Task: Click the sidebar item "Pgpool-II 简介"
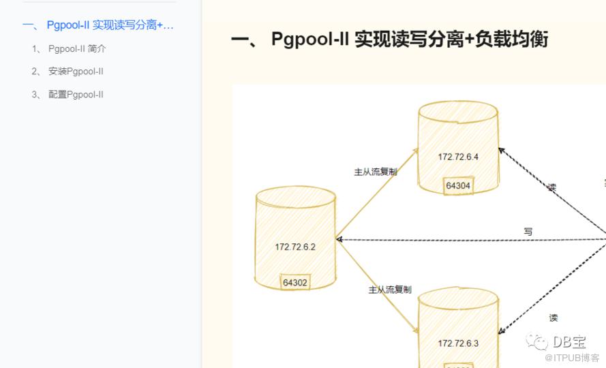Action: (x=77, y=49)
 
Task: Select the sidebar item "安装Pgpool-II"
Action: (x=76, y=72)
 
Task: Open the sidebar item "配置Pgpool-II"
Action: (x=76, y=95)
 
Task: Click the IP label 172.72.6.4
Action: (x=458, y=157)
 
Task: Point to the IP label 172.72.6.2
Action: (x=295, y=247)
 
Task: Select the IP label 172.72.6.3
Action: (x=458, y=343)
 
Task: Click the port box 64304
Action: (x=458, y=185)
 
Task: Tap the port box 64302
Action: (x=295, y=282)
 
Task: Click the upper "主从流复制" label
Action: (x=375, y=172)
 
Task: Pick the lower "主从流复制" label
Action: (x=390, y=290)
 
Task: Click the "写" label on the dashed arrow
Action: (x=528, y=232)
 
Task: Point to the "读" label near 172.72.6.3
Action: (x=554, y=318)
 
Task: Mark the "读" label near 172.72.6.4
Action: (x=551, y=187)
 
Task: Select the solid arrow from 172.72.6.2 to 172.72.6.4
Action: (x=376, y=194)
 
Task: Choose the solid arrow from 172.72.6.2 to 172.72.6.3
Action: (x=378, y=286)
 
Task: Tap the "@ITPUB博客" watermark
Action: (x=572, y=358)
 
